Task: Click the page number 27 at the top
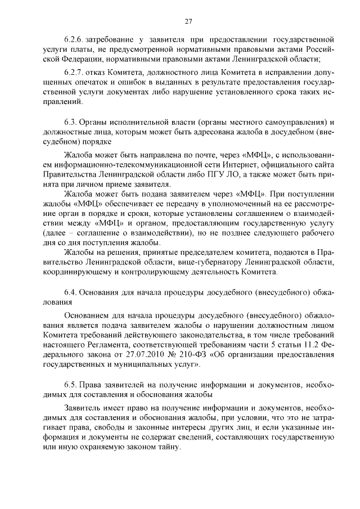188,21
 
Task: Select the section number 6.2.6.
74,40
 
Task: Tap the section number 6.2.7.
74,73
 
